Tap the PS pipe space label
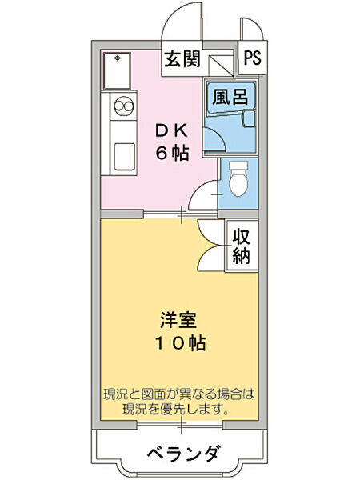click(252, 58)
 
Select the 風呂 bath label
click(228, 97)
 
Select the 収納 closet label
click(242, 246)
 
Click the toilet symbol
click(237, 181)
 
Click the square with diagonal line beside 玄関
click(218, 64)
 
